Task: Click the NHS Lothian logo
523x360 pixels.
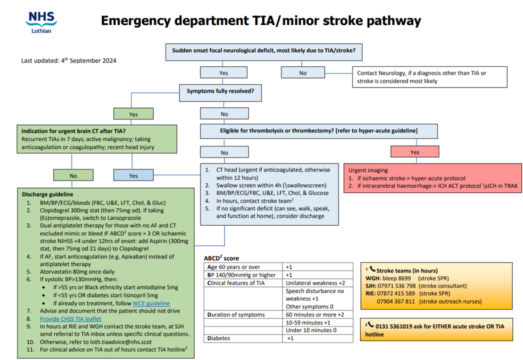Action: (x=42, y=22)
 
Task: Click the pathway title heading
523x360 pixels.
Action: (x=261, y=21)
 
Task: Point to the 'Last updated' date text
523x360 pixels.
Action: (x=69, y=61)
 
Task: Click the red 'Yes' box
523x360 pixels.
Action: (x=414, y=152)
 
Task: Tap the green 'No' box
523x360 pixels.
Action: (x=73, y=175)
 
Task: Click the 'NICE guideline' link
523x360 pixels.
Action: (x=151, y=303)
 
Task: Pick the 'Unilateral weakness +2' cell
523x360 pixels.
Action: (x=315, y=283)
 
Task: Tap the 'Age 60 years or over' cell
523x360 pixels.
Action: (x=233, y=267)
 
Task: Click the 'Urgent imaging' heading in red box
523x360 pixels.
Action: (x=368, y=170)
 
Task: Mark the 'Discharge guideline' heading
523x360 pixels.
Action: (x=47, y=194)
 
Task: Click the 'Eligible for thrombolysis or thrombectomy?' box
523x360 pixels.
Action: (x=318, y=130)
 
